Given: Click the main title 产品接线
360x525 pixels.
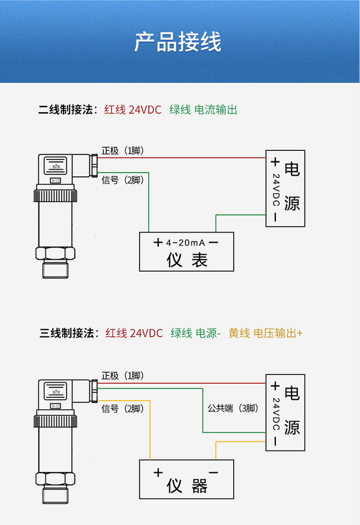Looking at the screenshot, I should (x=178, y=42).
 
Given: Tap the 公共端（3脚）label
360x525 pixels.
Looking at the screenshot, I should (x=233, y=409).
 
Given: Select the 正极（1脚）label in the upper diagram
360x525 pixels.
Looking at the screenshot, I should (x=123, y=151).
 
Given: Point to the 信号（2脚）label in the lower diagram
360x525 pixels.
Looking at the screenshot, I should (x=123, y=409).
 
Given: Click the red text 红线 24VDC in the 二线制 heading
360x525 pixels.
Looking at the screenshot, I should (x=133, y=110).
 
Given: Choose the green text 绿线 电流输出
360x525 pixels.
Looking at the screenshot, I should (x=203, y=110).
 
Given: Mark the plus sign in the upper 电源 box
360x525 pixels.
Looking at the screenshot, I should (x=275, y=162).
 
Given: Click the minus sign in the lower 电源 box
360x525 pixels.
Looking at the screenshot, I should (x=275, y=442).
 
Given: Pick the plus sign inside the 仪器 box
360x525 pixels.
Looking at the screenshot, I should (x=158, y=473).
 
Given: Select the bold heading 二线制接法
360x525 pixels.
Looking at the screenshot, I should (x=66, y=110).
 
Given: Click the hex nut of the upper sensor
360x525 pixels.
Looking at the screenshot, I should (x=54, y=254).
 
